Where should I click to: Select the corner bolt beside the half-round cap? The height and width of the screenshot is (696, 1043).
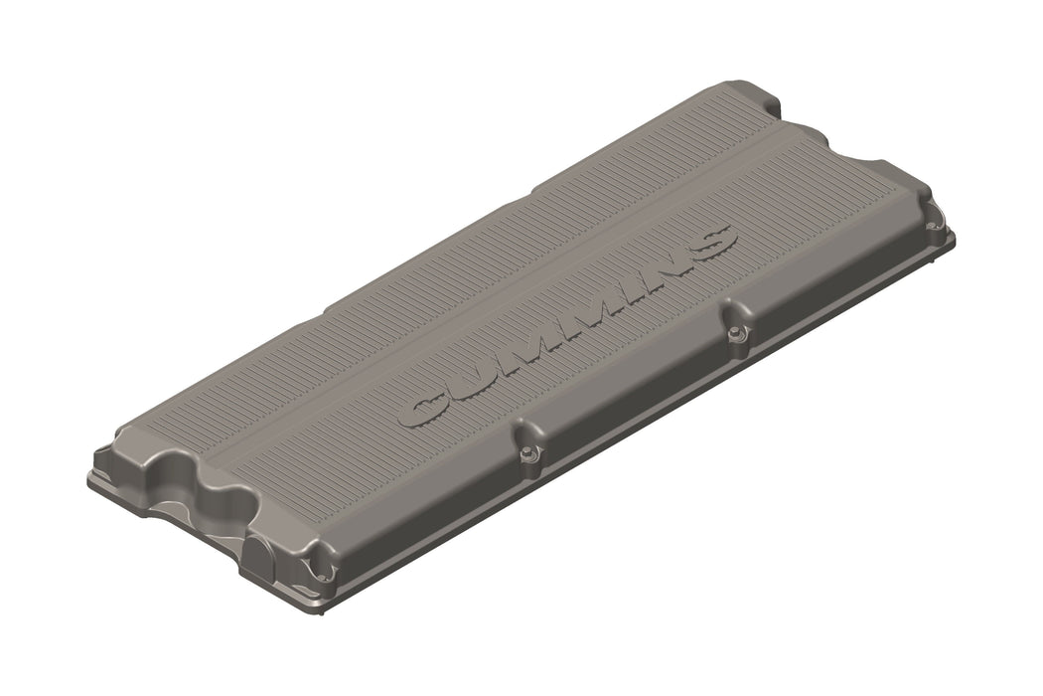click(321, 571)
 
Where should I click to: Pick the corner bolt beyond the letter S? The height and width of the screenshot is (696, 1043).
click(933, 226)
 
